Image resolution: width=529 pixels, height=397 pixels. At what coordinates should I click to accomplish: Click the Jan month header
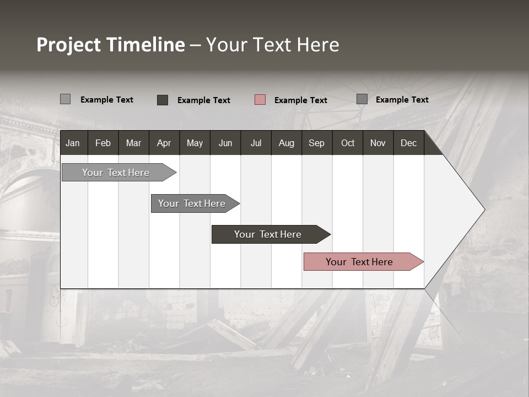[x=73, y=143]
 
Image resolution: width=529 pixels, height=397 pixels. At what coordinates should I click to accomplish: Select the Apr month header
[x=164, y=143]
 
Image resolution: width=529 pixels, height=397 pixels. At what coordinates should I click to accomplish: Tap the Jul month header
[x=256, y=143]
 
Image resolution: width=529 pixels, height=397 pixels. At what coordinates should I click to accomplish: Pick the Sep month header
[x=316, y=143]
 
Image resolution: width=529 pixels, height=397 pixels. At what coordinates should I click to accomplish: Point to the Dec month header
[x=408, y=143]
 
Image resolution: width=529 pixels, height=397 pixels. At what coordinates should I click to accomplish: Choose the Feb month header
[x=103, y=143]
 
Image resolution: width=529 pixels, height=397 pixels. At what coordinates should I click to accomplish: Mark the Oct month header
[x=348, y=143]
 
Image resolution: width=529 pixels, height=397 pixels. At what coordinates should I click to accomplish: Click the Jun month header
[x=225, y=143]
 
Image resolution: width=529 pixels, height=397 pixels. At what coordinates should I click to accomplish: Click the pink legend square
[x=260, y=100]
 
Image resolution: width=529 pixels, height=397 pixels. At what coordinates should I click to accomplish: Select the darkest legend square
[x=163, y=100]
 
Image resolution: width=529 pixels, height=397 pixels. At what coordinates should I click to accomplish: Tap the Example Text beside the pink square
[x=300, y=100]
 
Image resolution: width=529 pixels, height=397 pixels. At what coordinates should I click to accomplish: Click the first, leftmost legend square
[x=66, y=99]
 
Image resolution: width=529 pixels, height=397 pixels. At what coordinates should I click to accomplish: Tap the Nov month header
[x=378, y=143]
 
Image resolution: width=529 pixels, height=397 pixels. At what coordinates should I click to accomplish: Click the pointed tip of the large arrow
[x=483, y=210]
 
